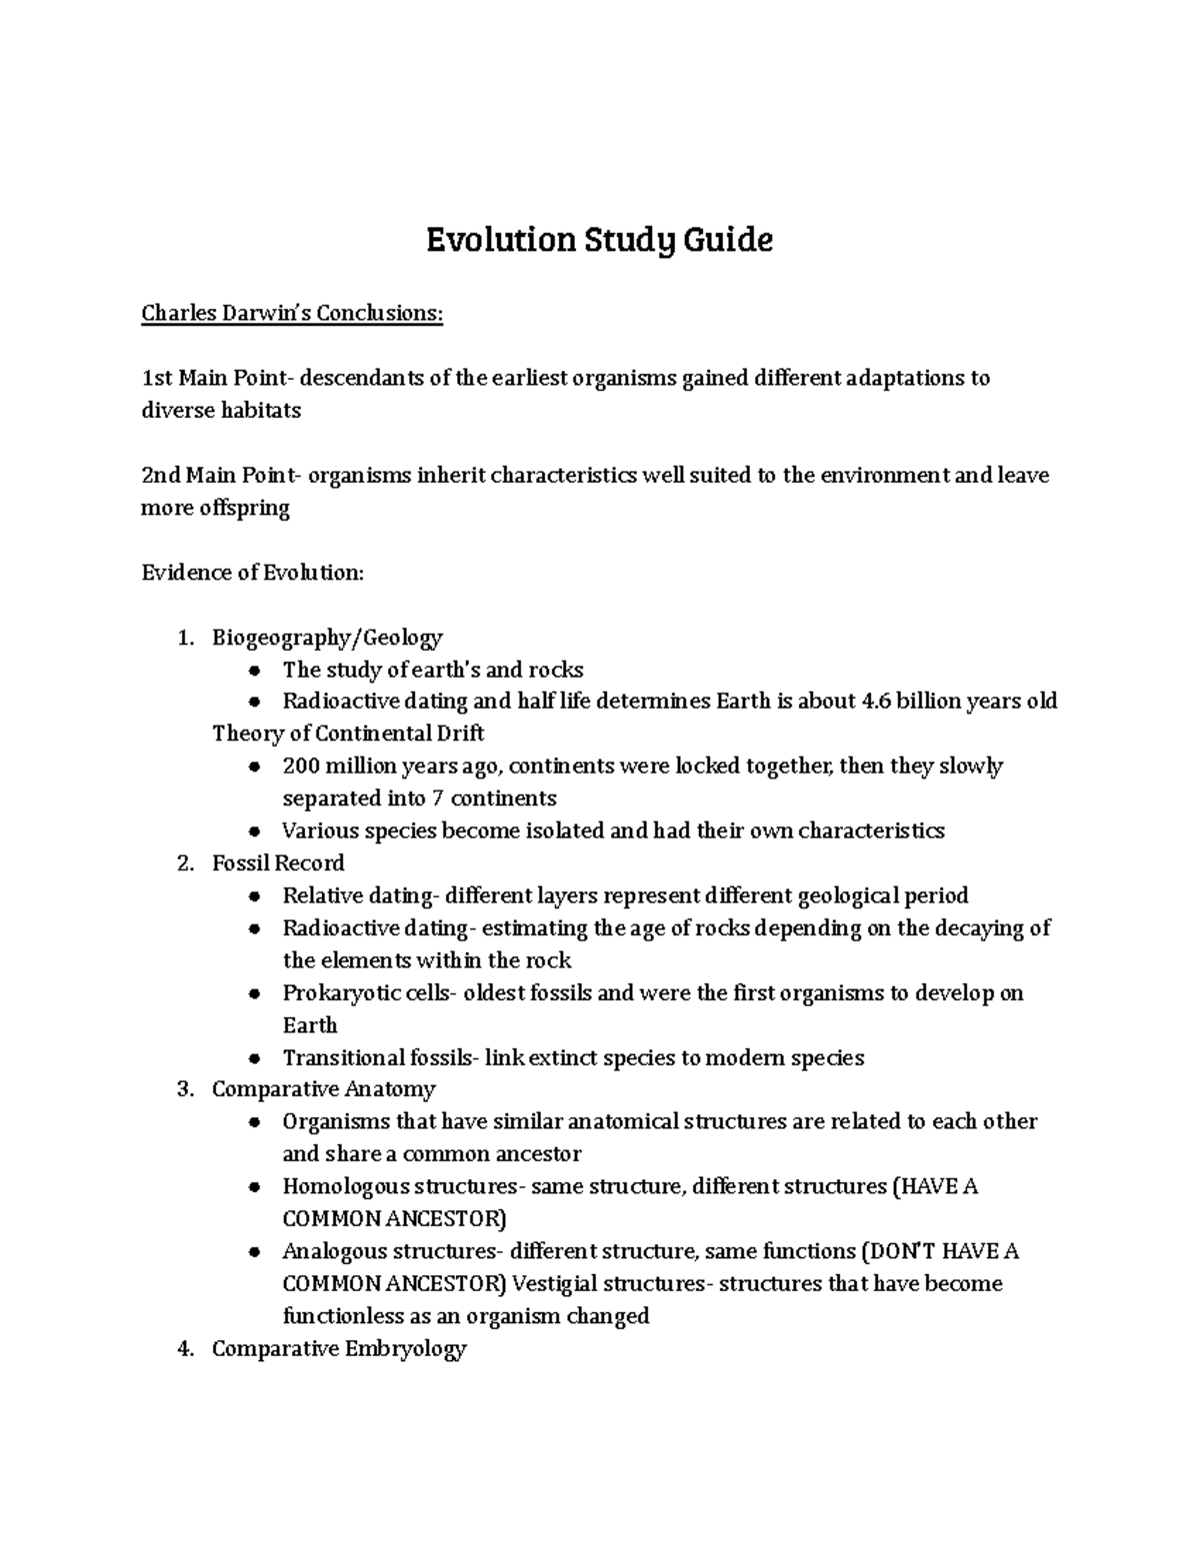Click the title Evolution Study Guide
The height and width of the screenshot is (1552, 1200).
pos(599,241)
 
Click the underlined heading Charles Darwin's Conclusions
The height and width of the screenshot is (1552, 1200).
pos(291,314)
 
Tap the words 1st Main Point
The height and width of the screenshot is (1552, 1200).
pos(214,379)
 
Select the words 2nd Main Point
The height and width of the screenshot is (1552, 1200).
pos(217,476)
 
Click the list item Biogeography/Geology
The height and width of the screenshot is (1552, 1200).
pos(327,638)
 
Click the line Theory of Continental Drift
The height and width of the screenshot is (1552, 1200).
pos(348,734)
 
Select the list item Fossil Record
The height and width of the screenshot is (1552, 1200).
pos(278,863)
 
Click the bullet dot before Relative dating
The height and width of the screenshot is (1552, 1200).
pos(256,896)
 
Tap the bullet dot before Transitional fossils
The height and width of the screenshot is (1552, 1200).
pos(256,1058)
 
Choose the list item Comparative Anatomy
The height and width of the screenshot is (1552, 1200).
pos(323,1089)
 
